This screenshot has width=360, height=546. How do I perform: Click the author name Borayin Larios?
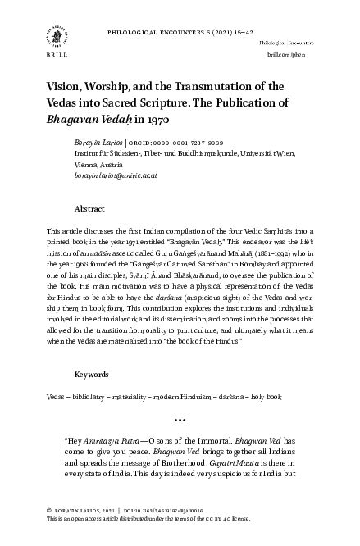pos(110,142)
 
